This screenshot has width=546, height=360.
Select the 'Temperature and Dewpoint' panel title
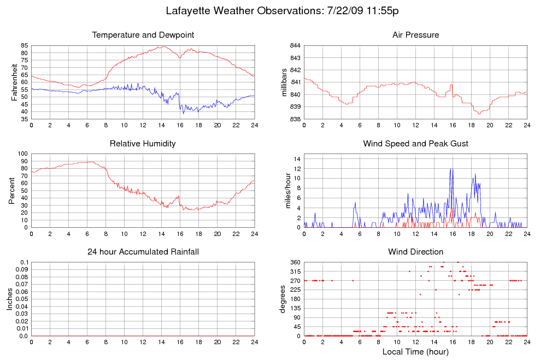(x=143, y=35)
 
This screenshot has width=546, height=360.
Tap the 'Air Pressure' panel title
(x=415, y=35)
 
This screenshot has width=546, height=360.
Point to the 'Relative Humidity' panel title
(x=143, y=144)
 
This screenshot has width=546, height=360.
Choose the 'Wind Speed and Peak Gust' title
(x=415, y=144)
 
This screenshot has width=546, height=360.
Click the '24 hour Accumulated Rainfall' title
(x=143, y=252)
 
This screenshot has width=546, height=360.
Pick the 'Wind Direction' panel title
(x=415, y=252)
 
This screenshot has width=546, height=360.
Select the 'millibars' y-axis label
(x=284, y=82)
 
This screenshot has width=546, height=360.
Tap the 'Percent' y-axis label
(x=12, y=191)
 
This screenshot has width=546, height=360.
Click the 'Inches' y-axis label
(x=10, y=299)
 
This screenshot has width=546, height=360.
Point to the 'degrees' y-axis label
(x=283, y=299)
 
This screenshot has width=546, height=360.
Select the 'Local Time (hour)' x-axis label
(x=415, y=351)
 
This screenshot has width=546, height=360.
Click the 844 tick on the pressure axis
(x=294, y=45)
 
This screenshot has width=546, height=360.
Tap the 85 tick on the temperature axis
(x=25, y=45)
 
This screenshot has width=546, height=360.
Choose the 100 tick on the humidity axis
(x=22, y=154)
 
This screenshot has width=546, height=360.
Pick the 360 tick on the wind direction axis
(x=294, y=262)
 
